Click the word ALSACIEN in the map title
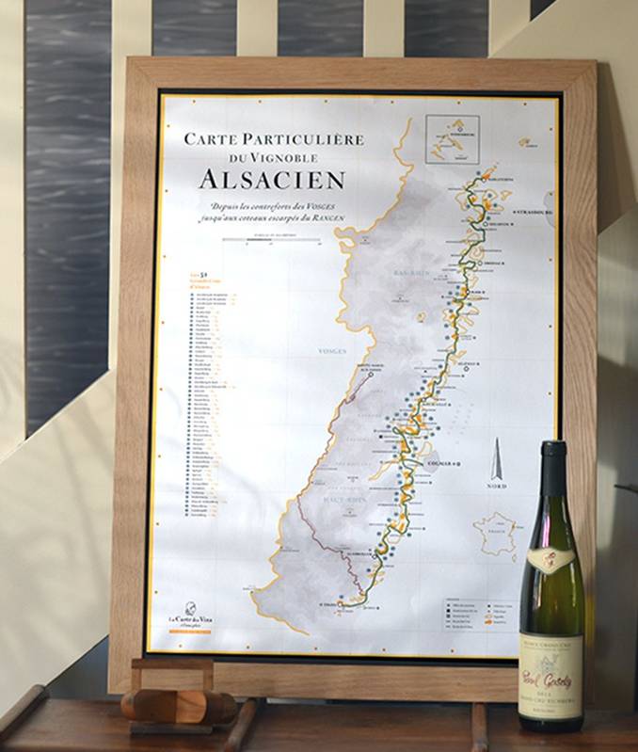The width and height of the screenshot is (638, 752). point(271,179)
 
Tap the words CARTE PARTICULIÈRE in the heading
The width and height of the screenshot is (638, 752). point(273,139)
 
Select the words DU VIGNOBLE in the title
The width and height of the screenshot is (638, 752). point(272,158)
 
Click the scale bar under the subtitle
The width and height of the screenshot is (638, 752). point(271,241)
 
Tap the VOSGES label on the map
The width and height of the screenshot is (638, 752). point(333,350)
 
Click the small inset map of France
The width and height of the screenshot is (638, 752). point(495,534)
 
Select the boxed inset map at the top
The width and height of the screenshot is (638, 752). point(452,140)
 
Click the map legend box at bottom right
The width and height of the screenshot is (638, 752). point(478,613)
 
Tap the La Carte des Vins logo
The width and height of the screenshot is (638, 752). point(188,617)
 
